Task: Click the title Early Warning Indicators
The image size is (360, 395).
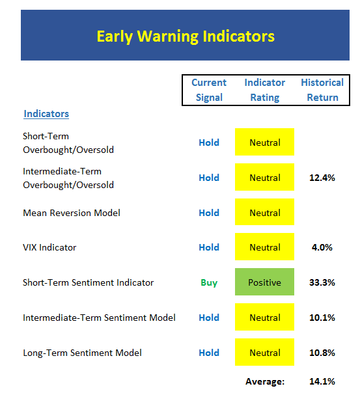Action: [186, 36]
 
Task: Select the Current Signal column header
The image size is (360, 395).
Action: [209, 90]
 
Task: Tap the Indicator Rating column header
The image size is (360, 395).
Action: [264, 90]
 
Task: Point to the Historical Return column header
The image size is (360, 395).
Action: [322, 90]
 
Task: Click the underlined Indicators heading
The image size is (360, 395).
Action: [46, 114]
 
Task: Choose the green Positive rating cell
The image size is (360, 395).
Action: [264, 282]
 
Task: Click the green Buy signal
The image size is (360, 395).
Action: [209, 282]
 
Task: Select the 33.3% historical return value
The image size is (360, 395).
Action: [322, 282]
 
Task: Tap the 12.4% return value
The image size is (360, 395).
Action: [322, 178]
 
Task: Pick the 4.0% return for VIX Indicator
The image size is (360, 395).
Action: [322, 247]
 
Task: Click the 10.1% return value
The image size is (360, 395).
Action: [322, 318]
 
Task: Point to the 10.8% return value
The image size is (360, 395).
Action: [322, 353]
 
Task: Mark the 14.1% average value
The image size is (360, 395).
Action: [322, 381]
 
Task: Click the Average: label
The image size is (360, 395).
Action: [265, 381]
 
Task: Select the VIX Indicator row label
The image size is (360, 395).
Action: [49, 247]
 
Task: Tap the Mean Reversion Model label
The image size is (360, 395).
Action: [72, 213]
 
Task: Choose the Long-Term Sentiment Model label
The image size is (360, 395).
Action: [82, 353]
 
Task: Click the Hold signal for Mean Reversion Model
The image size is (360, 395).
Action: [209, 213]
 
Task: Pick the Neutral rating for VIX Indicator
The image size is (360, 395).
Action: [264, 247]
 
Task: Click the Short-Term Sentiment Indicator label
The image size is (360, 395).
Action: [88, 282]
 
